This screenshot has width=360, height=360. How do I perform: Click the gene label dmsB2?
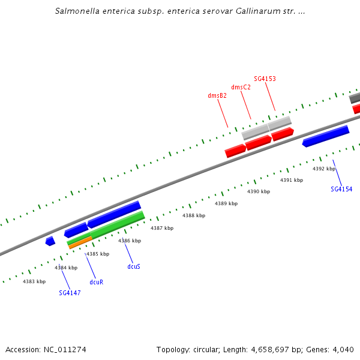[217, 95]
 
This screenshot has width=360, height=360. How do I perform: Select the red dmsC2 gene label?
[241, 87]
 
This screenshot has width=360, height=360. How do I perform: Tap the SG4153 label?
[265, 79]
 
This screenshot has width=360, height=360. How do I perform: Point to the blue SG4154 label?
[341, 189]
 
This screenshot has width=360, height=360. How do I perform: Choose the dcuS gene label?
[134, 266]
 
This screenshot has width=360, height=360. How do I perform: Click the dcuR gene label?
[97, 281]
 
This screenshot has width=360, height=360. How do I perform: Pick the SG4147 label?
[70, 293]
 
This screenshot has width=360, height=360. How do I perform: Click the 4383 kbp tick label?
[34, 281]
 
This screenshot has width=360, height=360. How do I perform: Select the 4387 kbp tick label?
[161, 228]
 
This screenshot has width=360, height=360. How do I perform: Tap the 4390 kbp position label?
[259, 191]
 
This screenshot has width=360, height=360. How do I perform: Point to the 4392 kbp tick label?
[324, 169]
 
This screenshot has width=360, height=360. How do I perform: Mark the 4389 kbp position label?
[226, 203]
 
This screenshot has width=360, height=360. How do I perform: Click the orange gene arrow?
[80, 242]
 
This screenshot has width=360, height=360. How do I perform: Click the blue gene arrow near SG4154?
[326, 136]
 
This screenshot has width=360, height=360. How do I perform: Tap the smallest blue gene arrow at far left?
[50, 241]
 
